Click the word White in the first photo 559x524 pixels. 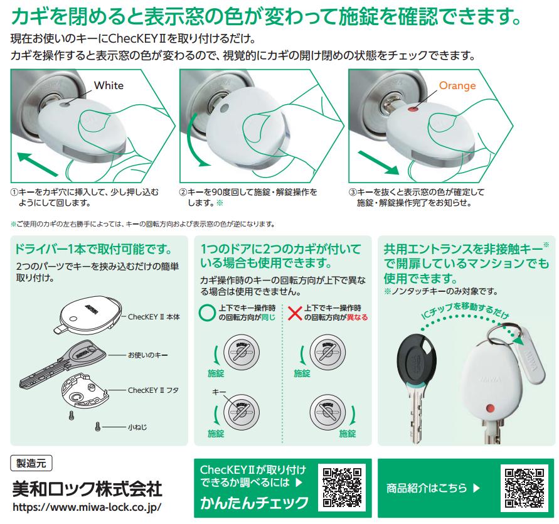click(x=109, y=85)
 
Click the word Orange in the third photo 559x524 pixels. click(x=457, y=85)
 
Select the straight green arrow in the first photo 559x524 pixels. click(x=38, y=164)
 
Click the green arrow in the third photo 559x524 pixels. click(x=378, y=163)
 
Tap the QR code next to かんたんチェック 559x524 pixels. click(x=342, y=488)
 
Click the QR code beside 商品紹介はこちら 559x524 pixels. click(x=524, y=488)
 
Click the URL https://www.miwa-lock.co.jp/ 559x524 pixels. click(x=87, y=507)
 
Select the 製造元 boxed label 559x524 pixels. click(x=31, y=463)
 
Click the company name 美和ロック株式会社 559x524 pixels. click(x=87, y=489)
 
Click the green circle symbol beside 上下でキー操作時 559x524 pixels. click(x=207, y=313)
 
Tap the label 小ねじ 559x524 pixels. click(x=137, y=427)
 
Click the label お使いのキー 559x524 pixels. click(x=147, y=355)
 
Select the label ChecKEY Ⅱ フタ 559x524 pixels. click(x=154, y=390)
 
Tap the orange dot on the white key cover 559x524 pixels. click(x=491, y=408)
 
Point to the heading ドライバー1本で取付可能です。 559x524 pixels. click(x=93, y=249)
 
